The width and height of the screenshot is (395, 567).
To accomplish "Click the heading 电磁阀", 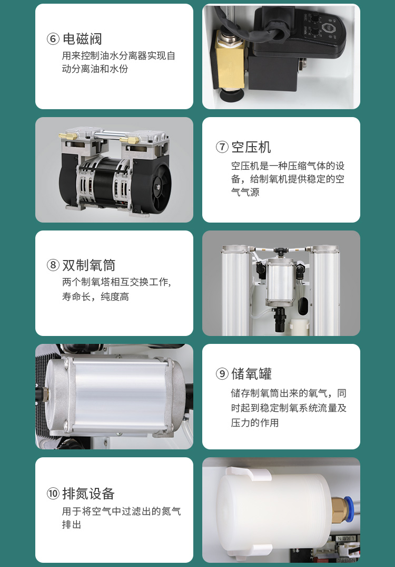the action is [82, 39].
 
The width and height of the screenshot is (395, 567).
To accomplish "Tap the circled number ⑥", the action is [53, 39].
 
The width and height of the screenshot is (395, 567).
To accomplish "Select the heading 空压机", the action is [251, 147].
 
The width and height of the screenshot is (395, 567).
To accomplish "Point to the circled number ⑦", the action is [222, 147].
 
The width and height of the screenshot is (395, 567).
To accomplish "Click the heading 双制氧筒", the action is [89, 265].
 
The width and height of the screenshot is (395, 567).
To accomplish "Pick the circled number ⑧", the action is [53, 265].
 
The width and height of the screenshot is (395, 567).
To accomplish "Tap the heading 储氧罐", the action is [251, 374].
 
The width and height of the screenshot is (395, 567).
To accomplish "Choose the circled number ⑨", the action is [222, 374].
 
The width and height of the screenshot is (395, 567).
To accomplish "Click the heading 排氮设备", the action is [88, 493].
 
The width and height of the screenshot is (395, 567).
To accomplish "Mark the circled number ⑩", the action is [53, 493].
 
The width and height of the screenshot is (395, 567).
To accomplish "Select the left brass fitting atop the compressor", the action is [69, 136].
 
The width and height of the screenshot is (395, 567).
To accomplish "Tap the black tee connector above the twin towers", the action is [279, 251].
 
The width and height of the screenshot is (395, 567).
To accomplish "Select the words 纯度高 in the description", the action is [114, 297].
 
